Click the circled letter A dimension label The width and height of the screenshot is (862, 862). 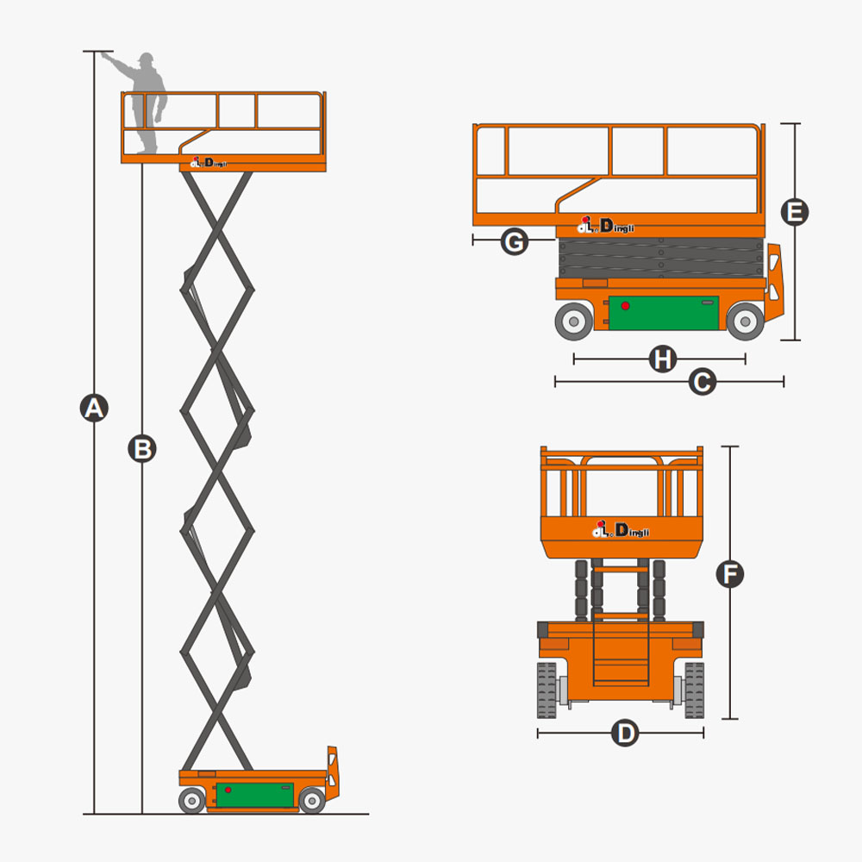click(94, 407)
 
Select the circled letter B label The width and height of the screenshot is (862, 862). click(142, 448)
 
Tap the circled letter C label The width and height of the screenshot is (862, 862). click(703, 382)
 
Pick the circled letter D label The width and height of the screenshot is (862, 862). click(625, 734)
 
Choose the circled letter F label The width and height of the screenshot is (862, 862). click(730, 574)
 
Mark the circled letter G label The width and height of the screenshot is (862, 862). click(514, 241)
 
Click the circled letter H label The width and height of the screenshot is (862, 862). click(662, 359)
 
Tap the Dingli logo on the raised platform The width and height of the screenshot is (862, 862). click(208, 163)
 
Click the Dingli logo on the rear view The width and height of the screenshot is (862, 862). click(621, 529)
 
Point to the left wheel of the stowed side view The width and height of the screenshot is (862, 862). click(573, 322)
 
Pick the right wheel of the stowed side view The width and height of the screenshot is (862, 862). click(744, 322)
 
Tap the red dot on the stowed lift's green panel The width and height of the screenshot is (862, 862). click(625, 306)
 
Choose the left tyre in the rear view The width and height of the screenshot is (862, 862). click(547, 690)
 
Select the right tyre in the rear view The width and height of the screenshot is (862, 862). click(694, 690)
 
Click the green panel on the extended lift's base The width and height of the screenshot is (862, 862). click(254, 795)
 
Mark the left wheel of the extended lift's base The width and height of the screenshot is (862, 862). click(192, 801)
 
